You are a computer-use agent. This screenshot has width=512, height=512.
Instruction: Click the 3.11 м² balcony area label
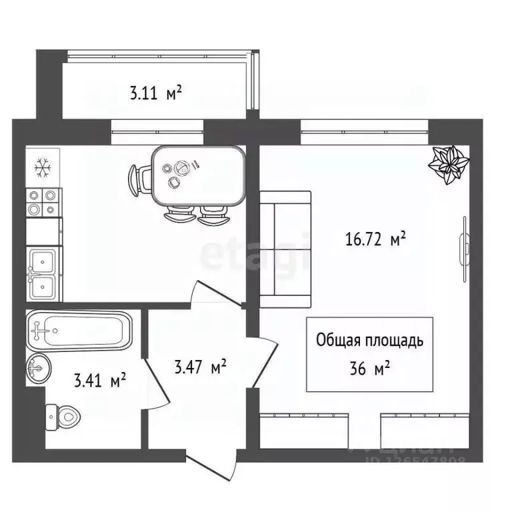pyautogui.click(x=155, y=93)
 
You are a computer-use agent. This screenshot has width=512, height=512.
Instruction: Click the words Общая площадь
pyautogui.click(x=369, y=341)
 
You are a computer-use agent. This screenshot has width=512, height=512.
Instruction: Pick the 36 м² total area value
pyautogui.click(x=369, y=368)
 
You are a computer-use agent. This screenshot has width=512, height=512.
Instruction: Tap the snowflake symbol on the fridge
pyautogui.click(x=43, y=167)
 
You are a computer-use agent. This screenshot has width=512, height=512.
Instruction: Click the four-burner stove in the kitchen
pyautogui.click(x=42, y=202)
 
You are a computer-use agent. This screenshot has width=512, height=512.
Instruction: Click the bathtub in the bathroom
pyautogui.click(x=80, y=329)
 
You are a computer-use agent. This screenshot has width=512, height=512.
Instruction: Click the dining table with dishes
pyautogui.click(x=197, y=176)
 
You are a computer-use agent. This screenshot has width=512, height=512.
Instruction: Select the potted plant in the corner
pyautogui.click(x=447, y=164)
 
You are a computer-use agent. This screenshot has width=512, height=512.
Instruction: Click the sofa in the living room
pyautogui.click(x=285, y=249)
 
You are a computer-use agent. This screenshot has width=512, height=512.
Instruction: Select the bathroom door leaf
pyautogui.click(x=155, y=373)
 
